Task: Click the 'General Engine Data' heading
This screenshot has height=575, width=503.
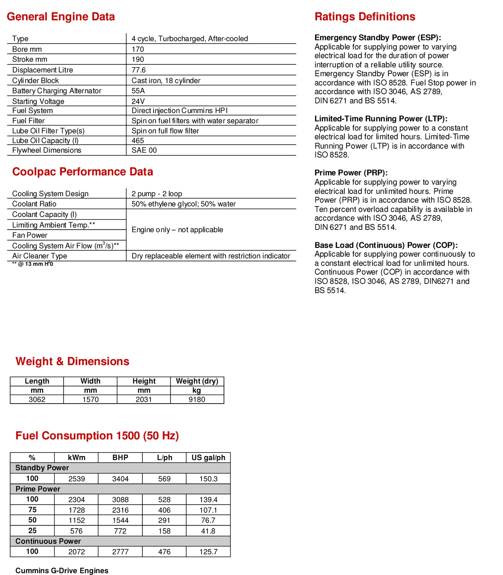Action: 61,17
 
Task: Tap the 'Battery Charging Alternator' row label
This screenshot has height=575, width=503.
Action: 57,91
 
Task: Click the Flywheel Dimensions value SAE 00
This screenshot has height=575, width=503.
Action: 144,150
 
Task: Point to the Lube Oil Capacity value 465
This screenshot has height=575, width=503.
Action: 138,140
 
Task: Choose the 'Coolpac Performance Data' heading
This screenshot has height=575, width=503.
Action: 82,171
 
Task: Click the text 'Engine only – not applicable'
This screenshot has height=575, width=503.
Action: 177,229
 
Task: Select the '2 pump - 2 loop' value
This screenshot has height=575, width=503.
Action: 156,194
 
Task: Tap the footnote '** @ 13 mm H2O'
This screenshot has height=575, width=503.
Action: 32,264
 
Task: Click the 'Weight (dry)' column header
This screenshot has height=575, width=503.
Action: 197,381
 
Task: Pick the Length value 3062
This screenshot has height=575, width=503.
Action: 37,399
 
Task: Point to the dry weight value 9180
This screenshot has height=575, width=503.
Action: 197,399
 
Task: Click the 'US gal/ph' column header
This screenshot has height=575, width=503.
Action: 208,457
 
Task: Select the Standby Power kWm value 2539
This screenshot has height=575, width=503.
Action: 77,479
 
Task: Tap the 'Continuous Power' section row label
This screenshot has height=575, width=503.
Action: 48,541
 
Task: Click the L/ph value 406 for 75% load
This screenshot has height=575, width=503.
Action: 164,510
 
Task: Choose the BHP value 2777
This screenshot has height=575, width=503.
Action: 120,552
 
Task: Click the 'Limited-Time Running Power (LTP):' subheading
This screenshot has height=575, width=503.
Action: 381,119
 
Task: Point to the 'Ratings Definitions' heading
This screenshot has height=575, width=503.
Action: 365,17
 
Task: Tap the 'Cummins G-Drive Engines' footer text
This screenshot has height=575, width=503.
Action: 62,570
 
